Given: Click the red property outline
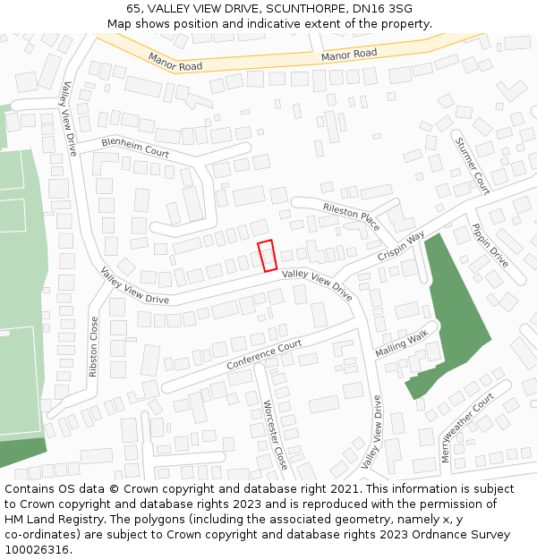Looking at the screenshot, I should (x=267, y=256).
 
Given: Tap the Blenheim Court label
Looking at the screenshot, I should (x=135, y=148).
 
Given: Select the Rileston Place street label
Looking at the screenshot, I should (x=352, y=215).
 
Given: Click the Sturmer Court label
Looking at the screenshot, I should (x=472, y=165).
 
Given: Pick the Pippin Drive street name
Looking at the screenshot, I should (x=490, y=245).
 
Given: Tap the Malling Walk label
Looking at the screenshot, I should (x=402, y=342).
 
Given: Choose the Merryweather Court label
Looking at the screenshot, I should (x=467, y=427).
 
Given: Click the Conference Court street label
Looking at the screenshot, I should (x=264, y=355).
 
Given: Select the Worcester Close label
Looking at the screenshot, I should (x=275, y=435).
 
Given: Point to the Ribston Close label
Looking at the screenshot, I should (x=94, y=346).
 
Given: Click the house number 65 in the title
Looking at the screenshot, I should (x=133, y=8).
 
